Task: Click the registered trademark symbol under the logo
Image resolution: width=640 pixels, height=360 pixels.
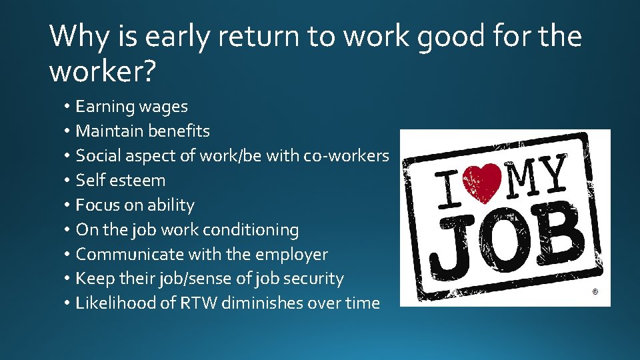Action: click(x=595, y=291)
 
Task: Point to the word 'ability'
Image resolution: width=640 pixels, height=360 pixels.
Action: click(x=171, y=205)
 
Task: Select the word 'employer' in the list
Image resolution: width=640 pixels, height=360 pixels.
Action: click(x=296, y=254)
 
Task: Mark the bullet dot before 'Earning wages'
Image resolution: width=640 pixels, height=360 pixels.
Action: click(x=68, y=107)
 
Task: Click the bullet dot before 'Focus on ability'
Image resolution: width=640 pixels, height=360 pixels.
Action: click(x=68, y=205)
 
